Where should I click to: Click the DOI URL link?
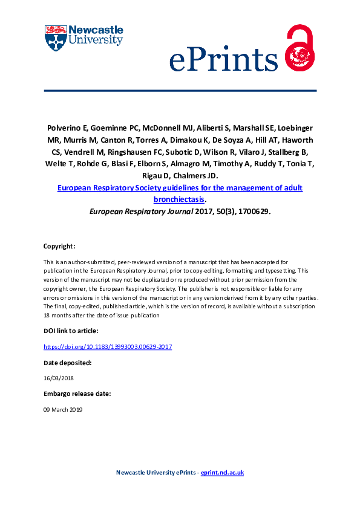pyautogui.click(x=108, y=346)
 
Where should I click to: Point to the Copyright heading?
pyautogui.click(x=59, y=247)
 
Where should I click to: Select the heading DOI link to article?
pyautogui.click(x=71, y=331)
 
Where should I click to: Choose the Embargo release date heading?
pyautogui.click(x=77, y=394)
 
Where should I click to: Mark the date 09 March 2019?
pyautogui.click(x=63, y=409)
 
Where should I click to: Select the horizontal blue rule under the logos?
pyautogui.click(x=180, y=91)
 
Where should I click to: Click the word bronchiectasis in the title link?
pyautogui.click(x=179, y=198)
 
